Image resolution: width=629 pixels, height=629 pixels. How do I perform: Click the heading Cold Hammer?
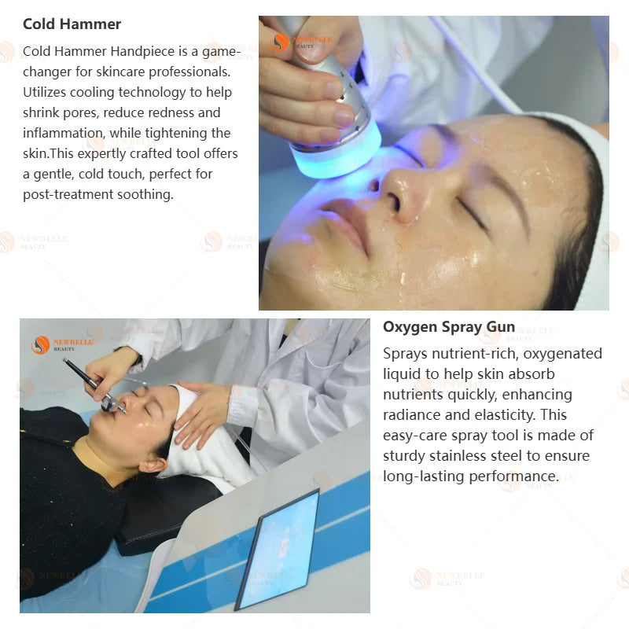click(x=72, y=24)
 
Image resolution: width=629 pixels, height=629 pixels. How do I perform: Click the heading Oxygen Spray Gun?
click(x=449, y=327)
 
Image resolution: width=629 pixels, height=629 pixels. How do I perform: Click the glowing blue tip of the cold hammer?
click(x=336, y=153)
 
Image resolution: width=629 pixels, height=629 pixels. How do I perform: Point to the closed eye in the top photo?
click(x=473, y=212)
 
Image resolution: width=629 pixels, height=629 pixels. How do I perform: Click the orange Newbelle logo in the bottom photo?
click(x=63, y=345)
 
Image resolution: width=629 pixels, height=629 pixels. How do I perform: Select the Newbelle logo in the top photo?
click(x=302, y=42)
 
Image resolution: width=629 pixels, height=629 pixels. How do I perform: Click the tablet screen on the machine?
click(x=280, y=549)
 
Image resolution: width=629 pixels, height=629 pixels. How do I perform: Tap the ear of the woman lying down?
click(x=153, y=465)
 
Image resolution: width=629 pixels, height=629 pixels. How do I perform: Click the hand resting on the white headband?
click(x=203, y=414)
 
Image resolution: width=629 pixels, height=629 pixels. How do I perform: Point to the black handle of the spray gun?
click(x=81, y=373)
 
